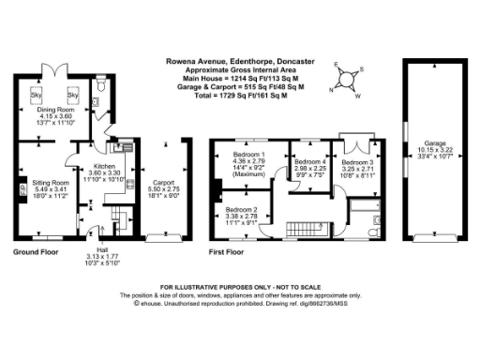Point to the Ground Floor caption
[x=37, y=252]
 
